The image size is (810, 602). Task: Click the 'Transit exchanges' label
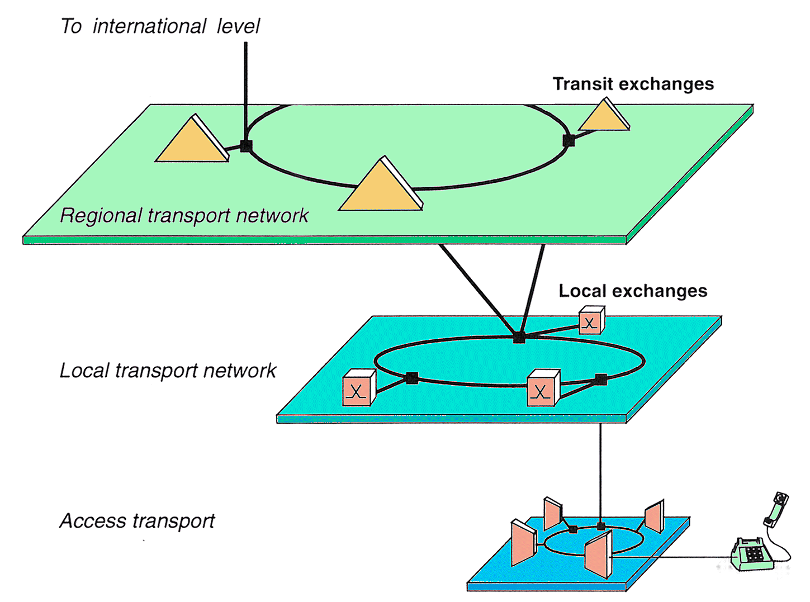[x=633, y=84]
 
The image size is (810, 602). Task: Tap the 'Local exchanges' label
[x=633, y=291]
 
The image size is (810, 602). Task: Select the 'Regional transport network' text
[x=184, y=216]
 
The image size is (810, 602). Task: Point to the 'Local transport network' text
[x=168, y=371]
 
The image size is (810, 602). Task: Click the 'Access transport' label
[x=137, y=521]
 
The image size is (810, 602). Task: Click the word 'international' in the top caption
[x=149, y=26]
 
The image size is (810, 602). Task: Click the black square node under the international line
[x=246, y=146]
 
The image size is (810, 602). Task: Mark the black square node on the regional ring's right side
[x=569, y=140]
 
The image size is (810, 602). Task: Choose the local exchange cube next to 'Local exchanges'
[x=591, y=321]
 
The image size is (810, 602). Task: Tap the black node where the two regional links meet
[x=519, y=338]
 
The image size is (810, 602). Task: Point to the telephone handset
[x=776, y=509]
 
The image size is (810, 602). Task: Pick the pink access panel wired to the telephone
[x=598, y=555]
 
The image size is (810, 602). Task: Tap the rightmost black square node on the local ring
[x=601, y=380]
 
